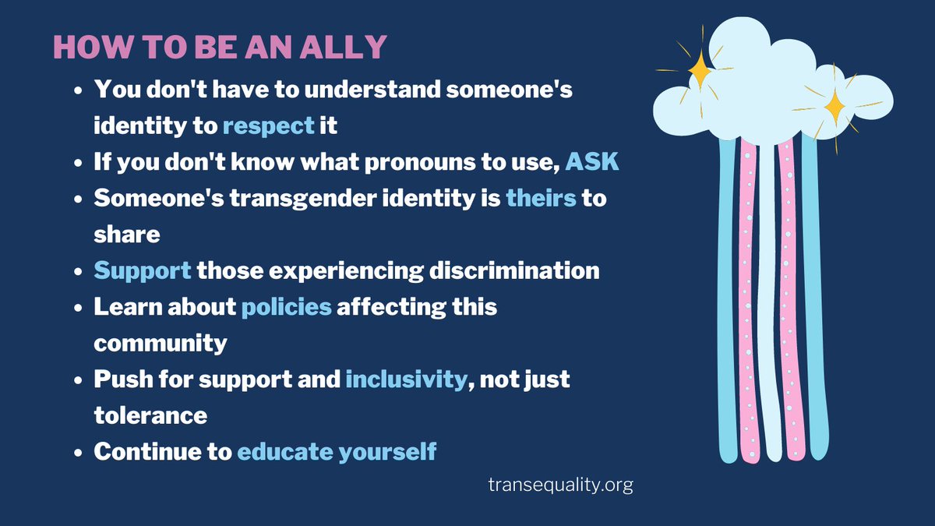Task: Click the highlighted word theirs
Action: click(x=541, y=198)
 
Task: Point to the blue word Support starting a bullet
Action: click(x=143, y=270)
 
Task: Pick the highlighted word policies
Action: click(x=287, y=306)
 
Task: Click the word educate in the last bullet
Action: click(x=284, y=451)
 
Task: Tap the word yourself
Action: click(x=387, y=451)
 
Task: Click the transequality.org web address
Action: click(x=560, y=484)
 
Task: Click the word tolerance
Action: click(x=151, y=415)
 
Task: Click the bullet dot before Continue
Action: click(x=78, y=452)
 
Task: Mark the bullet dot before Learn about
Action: click(x=78, y=307)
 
